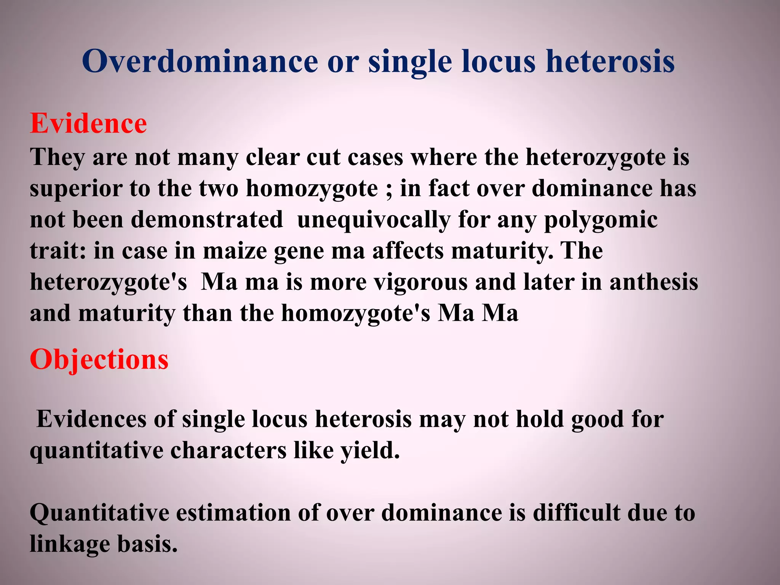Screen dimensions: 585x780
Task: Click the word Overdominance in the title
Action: coord(200,61)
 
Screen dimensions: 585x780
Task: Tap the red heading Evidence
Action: coord(88,123)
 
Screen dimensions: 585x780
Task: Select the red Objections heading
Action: coord(99,359)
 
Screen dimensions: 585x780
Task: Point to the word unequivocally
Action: coord(374,221)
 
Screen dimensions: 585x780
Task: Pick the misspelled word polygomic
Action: coord(601,221)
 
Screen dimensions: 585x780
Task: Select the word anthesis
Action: coord(654,282)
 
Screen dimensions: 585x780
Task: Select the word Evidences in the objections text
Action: coord(91,419)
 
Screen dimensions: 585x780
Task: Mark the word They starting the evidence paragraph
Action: coord(57,157)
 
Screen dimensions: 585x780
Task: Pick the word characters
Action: coord(228,451)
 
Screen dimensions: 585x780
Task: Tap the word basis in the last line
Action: coord(147,544)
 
